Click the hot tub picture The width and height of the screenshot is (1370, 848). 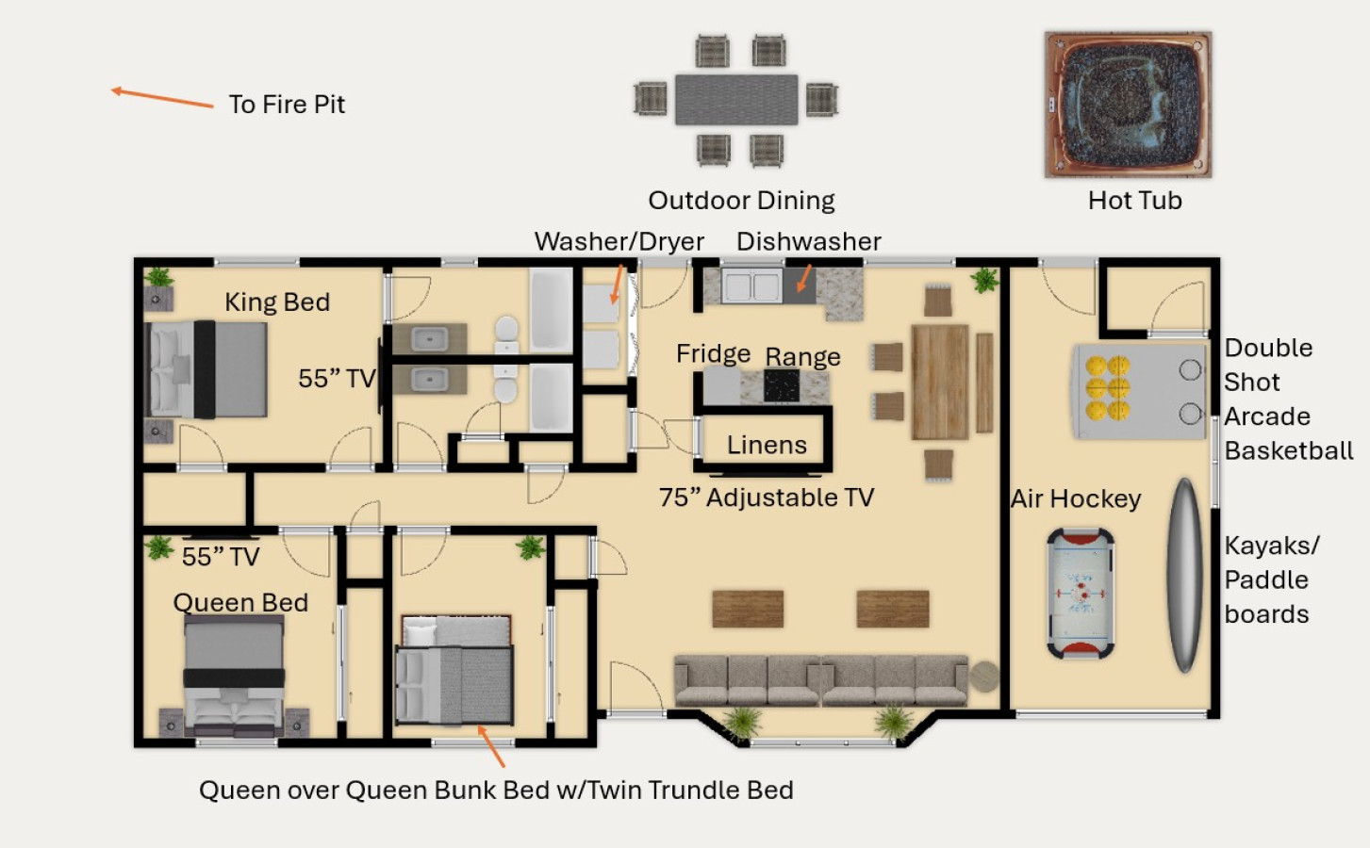(x=1128, y=105)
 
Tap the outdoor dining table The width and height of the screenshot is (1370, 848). (x=736, y=100)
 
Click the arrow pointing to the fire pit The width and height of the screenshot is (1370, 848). (x=162, y=98)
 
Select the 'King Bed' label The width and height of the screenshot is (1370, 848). (x=277, y=302)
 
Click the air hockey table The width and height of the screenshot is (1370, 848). (x=1081, y=593)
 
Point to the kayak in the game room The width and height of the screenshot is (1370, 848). (x=1185, y=576)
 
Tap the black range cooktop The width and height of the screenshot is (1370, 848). (x=782, y=385)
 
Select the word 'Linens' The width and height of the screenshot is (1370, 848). (x=767, y=445)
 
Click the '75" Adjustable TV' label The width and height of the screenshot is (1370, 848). (x=767, y=497)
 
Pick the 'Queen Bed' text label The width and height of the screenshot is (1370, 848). (x=240, y=603)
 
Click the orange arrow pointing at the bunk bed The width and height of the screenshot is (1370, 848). (x=491, y=746)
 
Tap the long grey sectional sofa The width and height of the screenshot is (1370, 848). (x=821, y=681)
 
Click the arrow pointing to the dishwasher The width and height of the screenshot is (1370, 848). (x=804, y=278)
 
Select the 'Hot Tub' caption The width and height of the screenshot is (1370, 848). (x=1134, y=201)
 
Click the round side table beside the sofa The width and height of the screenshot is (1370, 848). (x=984, y=677)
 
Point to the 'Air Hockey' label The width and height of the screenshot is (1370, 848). (x=1076, y=498)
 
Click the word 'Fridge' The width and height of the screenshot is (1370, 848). (x=713, y=354)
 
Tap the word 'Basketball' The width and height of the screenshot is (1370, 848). (x=1289, y=450)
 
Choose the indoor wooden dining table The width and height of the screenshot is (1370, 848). (x=940, y=383)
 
